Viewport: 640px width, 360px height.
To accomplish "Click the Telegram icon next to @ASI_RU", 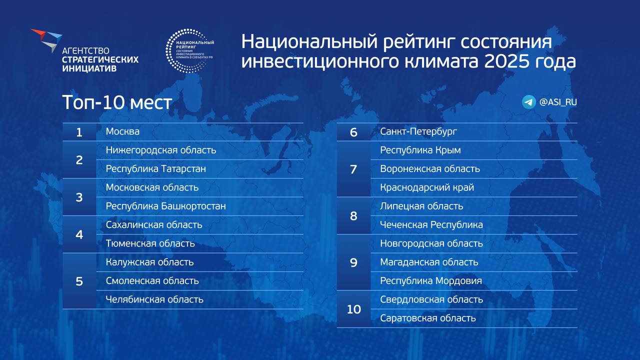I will click(528, 102).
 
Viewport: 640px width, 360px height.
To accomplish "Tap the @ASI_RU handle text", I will click(558, 102).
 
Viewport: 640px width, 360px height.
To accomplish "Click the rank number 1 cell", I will click(79, 132).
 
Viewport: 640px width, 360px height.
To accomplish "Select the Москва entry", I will click(122, 131).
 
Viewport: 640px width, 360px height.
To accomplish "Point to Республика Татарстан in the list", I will click(155, 169).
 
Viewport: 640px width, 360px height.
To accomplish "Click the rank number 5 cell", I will click(79, 281).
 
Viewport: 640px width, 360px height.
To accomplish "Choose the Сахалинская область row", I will click(154, 225).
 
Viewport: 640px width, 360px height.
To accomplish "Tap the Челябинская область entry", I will click(154, 299).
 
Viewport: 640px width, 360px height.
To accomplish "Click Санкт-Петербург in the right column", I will click(418, 131).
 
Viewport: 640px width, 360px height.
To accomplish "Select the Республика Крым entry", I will click(420, 150).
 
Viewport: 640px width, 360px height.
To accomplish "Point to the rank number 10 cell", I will click(353, 309).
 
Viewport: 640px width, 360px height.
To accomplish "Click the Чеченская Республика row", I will click(431, 225).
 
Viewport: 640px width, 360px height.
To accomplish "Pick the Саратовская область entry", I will click(427, 318).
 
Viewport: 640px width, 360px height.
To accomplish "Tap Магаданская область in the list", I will click(429, 262).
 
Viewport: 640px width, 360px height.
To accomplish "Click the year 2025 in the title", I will click(502, 61).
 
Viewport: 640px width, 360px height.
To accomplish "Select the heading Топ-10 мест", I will click(117, 102).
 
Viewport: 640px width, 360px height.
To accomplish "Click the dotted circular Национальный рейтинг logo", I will click(189, 50).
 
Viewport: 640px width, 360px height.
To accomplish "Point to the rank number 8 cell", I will click(353, 216).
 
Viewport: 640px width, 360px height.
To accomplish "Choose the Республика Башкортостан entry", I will click(165, 206).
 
